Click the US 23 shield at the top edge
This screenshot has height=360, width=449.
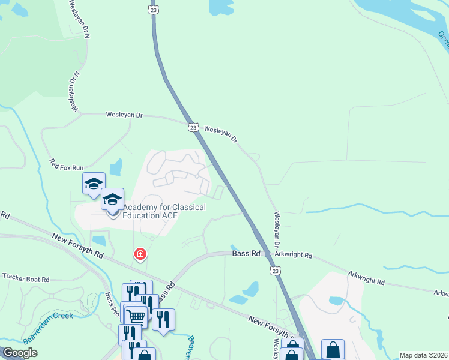point(153,9)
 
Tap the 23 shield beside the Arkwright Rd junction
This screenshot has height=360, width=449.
point(276,271)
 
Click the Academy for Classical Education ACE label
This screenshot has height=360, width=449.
point(164,211)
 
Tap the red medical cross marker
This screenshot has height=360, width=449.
point(140,255)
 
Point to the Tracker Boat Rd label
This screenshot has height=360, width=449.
point(25,278)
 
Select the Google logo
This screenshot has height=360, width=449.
point(20,353)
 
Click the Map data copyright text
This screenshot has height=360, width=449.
point(423,355)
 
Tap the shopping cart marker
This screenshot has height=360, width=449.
point(137,316)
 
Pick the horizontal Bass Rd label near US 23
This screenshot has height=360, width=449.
point(246,254)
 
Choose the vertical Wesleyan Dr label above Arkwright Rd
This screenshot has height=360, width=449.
point(277,229)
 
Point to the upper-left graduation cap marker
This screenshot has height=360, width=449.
point(94,184)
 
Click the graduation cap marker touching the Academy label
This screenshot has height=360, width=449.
point(112,200)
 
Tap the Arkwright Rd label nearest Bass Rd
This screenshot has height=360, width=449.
point(294,255)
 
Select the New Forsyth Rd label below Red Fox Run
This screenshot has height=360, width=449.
point(77,246)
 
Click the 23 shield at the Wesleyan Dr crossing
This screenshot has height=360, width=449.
point(193,127)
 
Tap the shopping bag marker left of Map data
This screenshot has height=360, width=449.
point(333,350)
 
